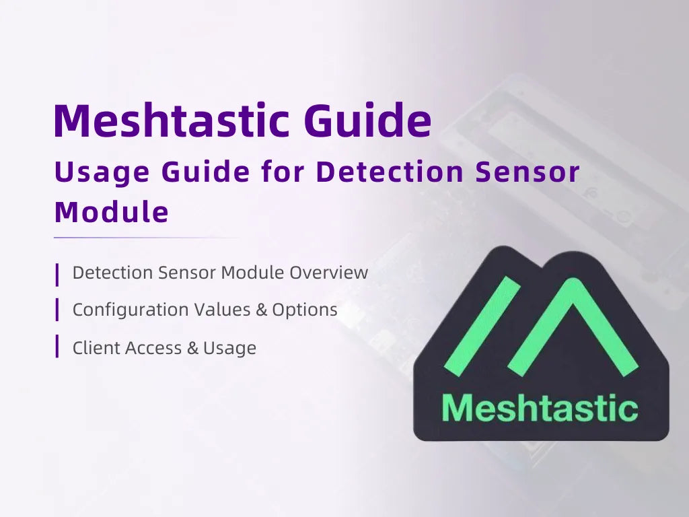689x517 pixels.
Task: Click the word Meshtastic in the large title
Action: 172,121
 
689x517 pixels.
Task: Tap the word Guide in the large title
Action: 367,121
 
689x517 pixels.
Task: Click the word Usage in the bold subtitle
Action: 101,173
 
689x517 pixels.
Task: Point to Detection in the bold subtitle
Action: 390,172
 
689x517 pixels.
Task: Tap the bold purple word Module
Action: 111,212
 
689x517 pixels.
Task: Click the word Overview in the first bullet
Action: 329,273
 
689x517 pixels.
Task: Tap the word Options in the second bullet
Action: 305,310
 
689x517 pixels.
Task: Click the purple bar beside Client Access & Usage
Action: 57,346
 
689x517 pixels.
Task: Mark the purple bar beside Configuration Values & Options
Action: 57,308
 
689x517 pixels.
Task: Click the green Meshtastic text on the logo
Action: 540,407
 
